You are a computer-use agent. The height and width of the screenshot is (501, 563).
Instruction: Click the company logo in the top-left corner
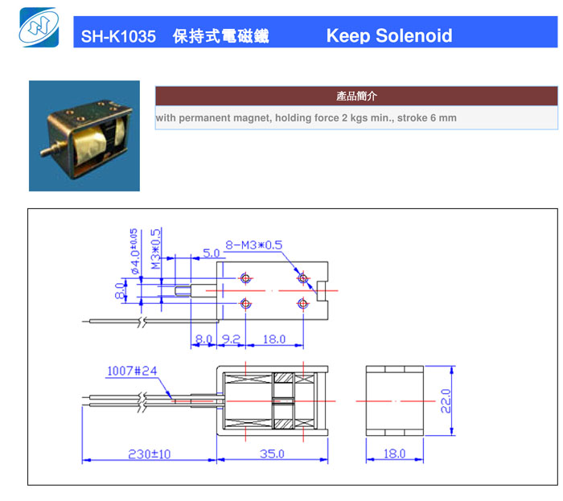39,27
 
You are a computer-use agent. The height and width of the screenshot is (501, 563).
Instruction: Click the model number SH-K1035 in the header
118,36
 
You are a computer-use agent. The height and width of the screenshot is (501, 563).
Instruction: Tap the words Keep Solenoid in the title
389,36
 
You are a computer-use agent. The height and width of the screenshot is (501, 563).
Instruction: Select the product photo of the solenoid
84,136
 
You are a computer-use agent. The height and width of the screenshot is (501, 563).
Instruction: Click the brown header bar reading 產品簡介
356,96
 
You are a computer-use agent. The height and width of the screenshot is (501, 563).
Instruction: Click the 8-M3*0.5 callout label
254,245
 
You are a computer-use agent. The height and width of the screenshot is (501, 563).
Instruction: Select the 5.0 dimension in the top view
211,253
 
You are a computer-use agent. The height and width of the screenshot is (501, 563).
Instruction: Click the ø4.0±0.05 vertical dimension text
134,251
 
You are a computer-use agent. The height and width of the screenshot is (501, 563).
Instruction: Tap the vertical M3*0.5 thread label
156,249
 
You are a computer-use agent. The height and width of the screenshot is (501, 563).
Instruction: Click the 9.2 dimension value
231,339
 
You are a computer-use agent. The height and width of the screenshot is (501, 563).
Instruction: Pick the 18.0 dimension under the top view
274,339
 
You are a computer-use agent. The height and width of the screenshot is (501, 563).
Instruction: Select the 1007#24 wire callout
132,371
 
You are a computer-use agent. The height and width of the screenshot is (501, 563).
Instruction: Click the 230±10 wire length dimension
150,454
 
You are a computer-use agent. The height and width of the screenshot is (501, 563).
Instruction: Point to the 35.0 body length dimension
272,454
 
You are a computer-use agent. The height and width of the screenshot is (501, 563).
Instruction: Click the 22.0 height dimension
446,400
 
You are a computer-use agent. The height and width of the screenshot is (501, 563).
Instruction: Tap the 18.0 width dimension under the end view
395,454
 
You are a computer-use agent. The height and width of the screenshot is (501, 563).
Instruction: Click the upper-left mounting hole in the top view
245,277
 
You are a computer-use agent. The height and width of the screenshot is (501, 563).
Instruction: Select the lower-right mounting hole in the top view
303,304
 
